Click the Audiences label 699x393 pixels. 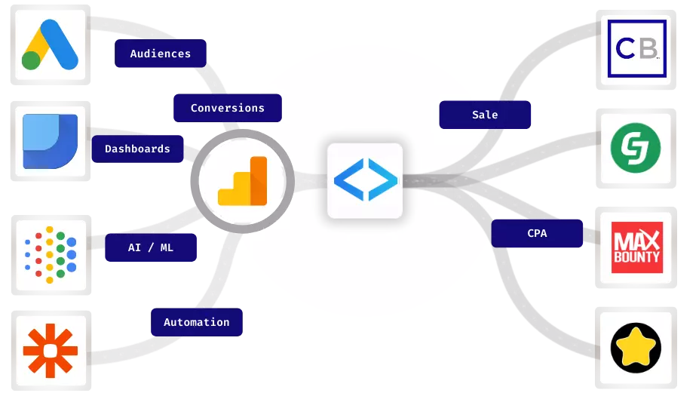coord(160,54)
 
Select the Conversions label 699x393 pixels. coord(227,108)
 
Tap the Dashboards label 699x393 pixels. coord(137,149)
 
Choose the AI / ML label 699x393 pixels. coord(150,247)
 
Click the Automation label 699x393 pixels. coord(196,322)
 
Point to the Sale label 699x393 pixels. coord(485,115)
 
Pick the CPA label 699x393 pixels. coord(537,233)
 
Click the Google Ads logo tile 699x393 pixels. coord(50,45)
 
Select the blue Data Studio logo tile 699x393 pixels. coord(50,141)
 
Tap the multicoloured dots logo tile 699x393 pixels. coord(50,255)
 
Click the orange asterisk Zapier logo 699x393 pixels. coord(50,350)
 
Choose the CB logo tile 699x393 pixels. coord(635,50)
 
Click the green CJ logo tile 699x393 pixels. coord(635,148)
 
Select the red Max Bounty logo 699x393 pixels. coord(635,247)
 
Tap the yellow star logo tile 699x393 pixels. coord(635,348)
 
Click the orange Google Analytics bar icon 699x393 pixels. coord(242,182)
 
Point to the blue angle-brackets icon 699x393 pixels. coord(365,180)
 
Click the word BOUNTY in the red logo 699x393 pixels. coord(635,257)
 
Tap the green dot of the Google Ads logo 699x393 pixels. coord(31,60)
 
